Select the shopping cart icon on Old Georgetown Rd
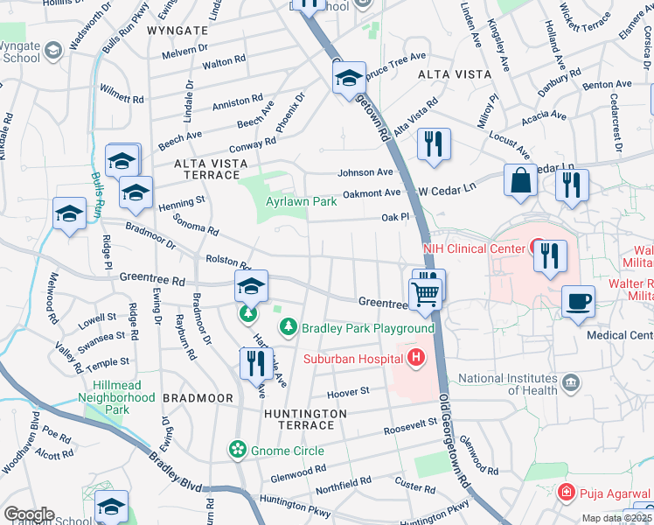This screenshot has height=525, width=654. [425, 294]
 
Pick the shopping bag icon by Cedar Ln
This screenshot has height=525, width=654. [520, 180]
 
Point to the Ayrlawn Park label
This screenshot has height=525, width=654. [301, 201]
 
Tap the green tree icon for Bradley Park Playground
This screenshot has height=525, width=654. [287, 327]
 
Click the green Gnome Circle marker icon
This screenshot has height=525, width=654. [236, 450]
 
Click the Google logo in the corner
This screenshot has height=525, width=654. [29, 514]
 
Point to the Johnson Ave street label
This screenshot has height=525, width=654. [372, 172]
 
